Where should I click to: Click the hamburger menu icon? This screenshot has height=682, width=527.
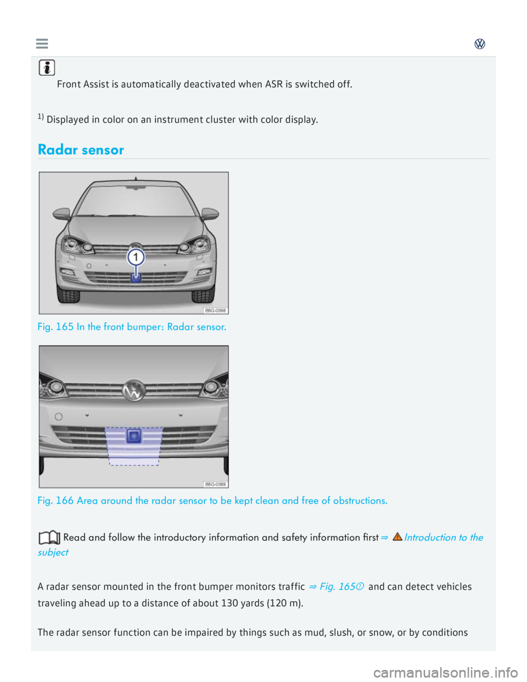tap(42, 43)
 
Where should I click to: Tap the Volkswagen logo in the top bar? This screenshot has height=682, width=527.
tap(480, 44)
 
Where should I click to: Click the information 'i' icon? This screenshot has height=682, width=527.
tap(47, 68)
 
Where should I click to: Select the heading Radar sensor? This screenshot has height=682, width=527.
tap(81, 150)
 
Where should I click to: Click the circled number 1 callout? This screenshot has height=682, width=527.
tap(136, 257)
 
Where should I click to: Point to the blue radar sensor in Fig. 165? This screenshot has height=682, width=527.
tap(136, 278)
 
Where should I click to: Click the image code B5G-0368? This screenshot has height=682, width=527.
tap(215, 310)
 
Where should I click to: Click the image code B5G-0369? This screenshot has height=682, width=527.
tap(215, 484)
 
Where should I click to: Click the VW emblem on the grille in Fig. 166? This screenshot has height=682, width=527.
tap(133, 390)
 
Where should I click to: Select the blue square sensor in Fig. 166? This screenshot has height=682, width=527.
tap(133, 437)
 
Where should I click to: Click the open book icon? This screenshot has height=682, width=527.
tap(49, 538)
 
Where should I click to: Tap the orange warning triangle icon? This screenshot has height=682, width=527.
tap(397, 536)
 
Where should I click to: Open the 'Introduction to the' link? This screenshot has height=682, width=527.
tap(444, 538)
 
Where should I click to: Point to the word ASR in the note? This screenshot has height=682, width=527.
tap(273, 84)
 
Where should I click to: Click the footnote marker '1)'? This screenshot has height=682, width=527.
tap(41, 117)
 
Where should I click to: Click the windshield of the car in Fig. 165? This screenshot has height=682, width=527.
tap(134, 201)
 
